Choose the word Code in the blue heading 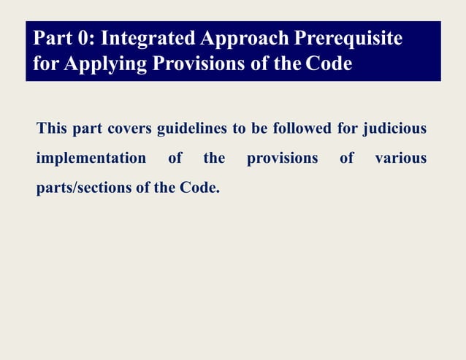point(329,64)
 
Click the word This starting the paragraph point(51,130)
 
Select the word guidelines point(192,130)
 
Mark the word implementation point(91,158)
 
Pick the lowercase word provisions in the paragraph point(282,158)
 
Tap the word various point(400,158)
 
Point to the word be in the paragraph point(259,130)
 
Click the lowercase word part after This point(87,130)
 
